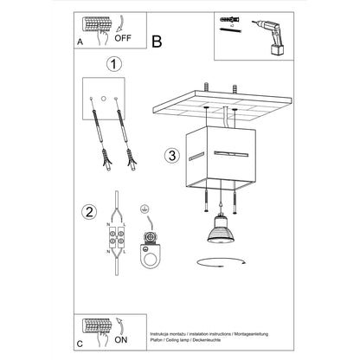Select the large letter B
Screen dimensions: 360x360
[x=157, y=40]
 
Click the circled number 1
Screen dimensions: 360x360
[x=111, y=64]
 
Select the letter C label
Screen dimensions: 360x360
[x=80, y=343]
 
